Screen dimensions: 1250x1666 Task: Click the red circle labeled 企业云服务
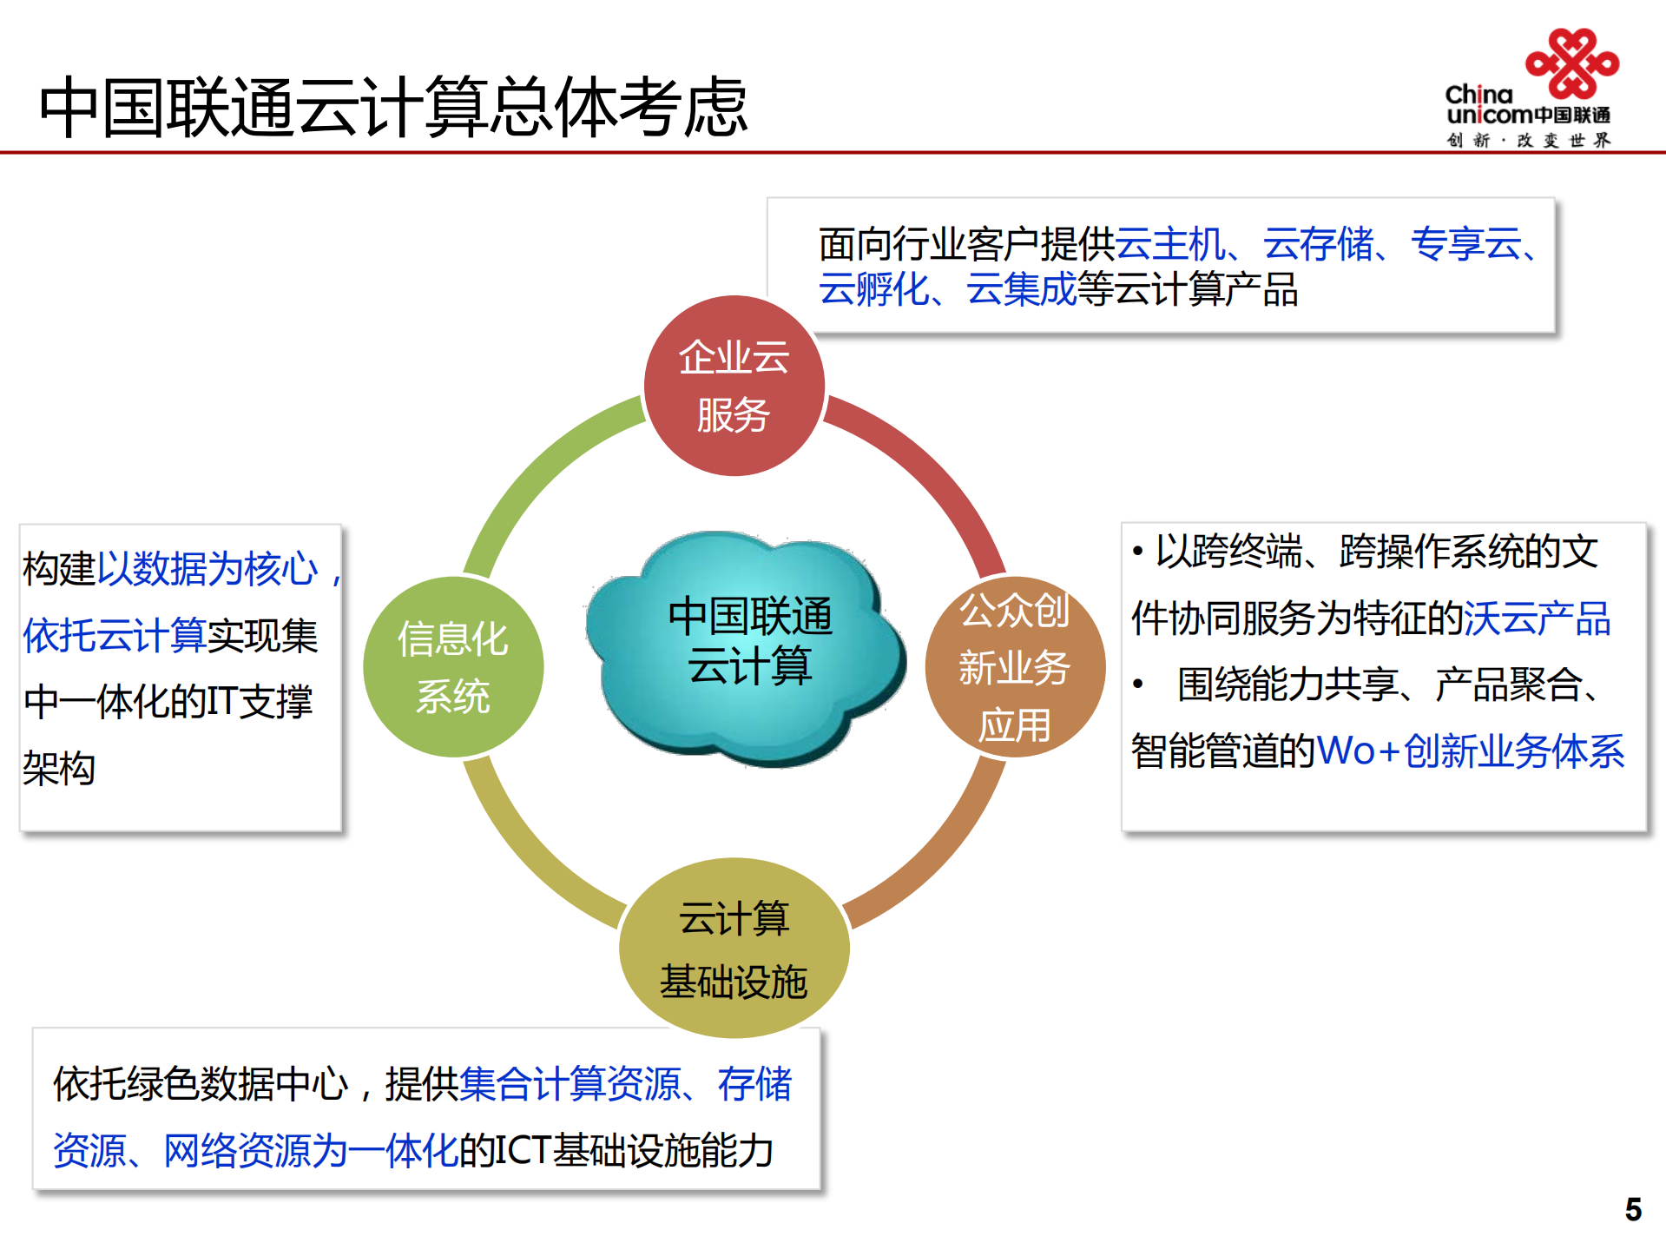click(x=734, y=386)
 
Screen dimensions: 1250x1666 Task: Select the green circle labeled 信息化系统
click(x=453, y=667)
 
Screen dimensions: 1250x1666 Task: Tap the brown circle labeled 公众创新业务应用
click(x=1014, y=667)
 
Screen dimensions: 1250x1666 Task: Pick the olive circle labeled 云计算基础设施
click(x=734, y=948)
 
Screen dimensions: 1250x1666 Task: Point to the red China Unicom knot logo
click(x=1572, y=63)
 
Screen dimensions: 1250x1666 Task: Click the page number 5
click(x=1633, y=1209)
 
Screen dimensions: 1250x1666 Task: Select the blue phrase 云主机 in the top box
click(x=1169, y=244)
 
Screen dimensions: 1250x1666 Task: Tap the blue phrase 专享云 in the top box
click(x=1465, y=244)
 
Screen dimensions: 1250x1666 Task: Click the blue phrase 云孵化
click(x=873, y=289)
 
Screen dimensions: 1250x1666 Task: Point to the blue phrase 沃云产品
click(x=1537, y=618)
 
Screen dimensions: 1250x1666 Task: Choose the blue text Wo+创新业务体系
click(x=1470, y=751)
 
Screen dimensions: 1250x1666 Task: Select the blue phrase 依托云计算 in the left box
click(x=115, y=635)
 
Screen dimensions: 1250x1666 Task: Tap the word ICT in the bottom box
click(x=523, y=1150)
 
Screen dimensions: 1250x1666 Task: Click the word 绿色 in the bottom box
click(x=162, y=1084)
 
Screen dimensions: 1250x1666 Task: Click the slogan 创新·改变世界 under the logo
click(x=1529, y=141)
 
